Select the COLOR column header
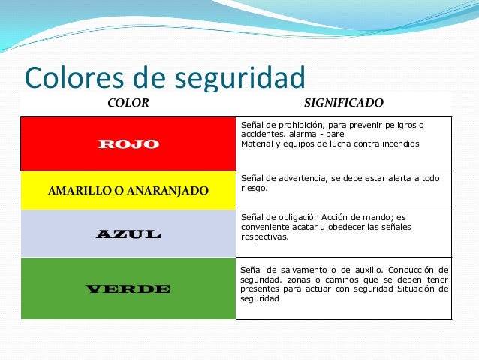coord(128,102)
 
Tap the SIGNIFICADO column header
coord(343,102)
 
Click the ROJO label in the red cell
coord(128,144)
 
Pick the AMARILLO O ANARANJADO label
coord(128,191)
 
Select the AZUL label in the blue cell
coord(128,234)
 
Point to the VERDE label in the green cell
coord(128,289)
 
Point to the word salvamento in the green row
coord(297,269)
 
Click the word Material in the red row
coord(256,144)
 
